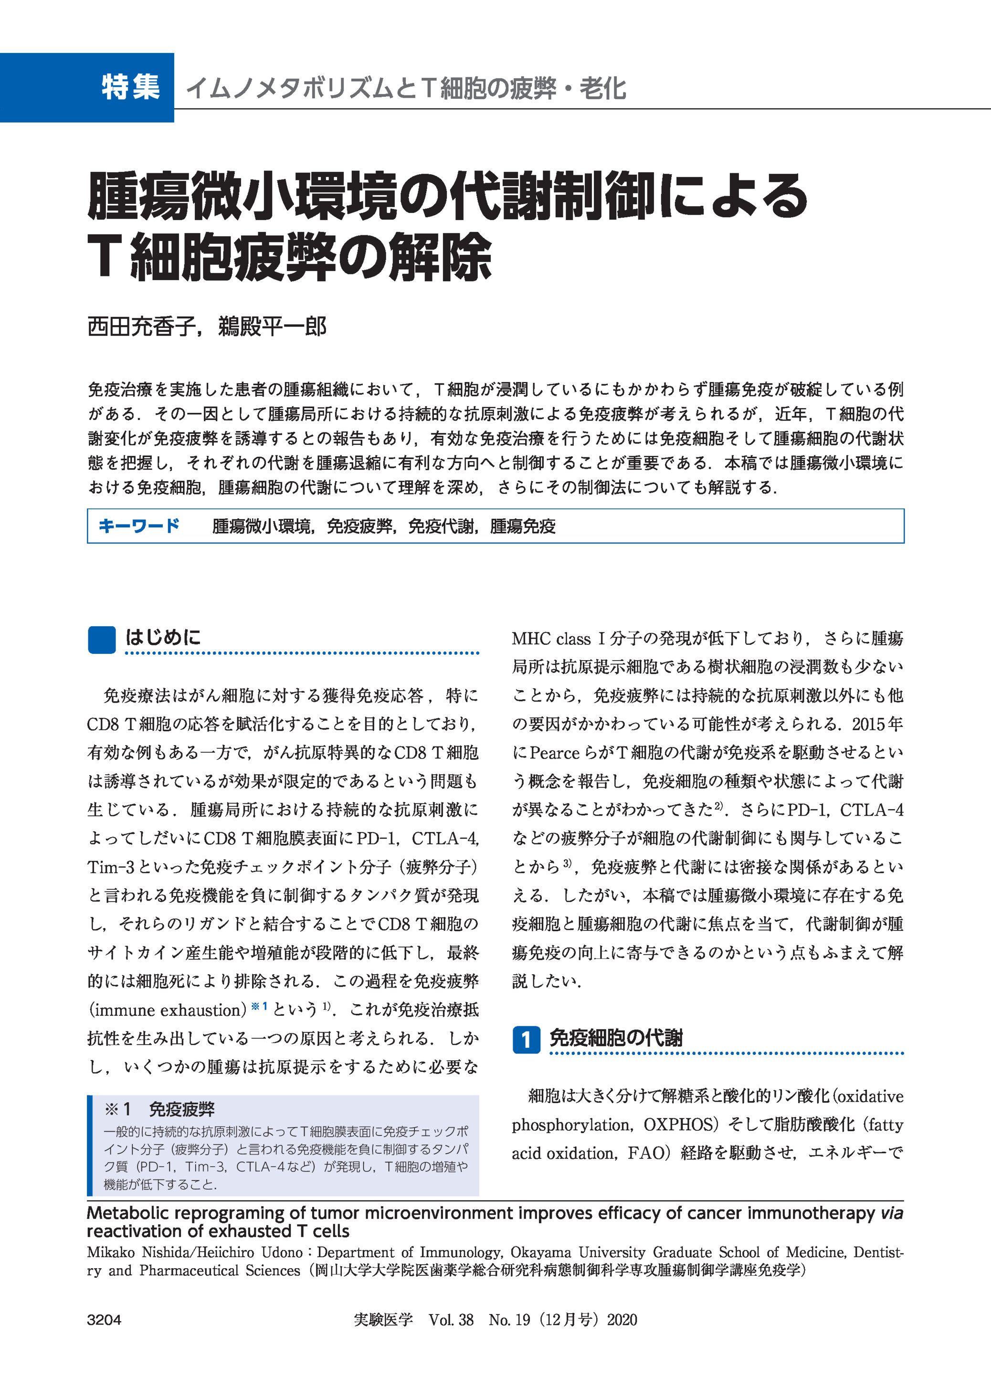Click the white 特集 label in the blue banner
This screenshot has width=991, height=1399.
[131, 87]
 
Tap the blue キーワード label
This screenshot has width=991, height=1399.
[138, 526]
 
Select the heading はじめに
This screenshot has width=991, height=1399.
[163, 638]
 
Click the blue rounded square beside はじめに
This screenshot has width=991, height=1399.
[101, 640]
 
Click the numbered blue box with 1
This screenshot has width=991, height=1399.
[526, 1040]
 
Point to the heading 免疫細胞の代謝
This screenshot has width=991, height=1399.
[616, 1038]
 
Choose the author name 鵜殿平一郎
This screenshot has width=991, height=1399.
[272, 327]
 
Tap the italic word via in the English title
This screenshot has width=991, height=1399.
[892, 1213]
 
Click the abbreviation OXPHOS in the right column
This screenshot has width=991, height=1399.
[678, 1125]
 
